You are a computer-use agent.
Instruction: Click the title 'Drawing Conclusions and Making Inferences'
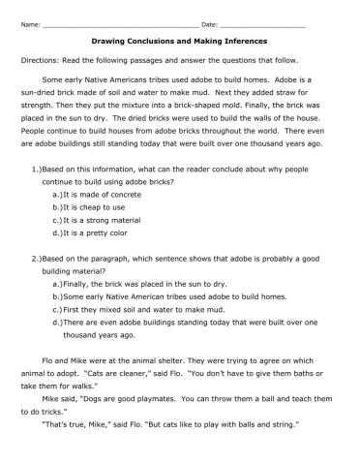(179, 42)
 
